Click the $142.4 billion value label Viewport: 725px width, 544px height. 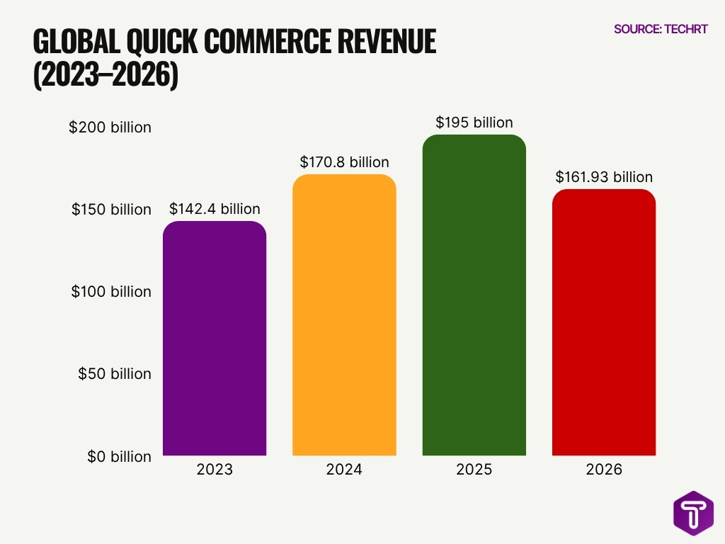215,209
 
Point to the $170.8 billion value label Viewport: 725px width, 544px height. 344,162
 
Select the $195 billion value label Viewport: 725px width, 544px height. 474,123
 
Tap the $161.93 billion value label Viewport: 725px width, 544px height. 603,177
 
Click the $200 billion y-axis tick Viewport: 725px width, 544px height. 110,127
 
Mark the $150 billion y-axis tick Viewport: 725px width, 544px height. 111,210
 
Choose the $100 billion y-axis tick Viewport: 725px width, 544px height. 111,292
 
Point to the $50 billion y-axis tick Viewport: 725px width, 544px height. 115,374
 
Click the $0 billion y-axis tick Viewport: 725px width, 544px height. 119,457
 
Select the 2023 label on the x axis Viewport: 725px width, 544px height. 215,470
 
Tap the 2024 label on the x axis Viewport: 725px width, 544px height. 344,470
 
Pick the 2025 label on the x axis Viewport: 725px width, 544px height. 474,470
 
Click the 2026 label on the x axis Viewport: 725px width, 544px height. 603,470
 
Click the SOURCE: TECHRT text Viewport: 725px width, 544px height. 660,29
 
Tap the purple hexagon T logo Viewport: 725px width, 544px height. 693,513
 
